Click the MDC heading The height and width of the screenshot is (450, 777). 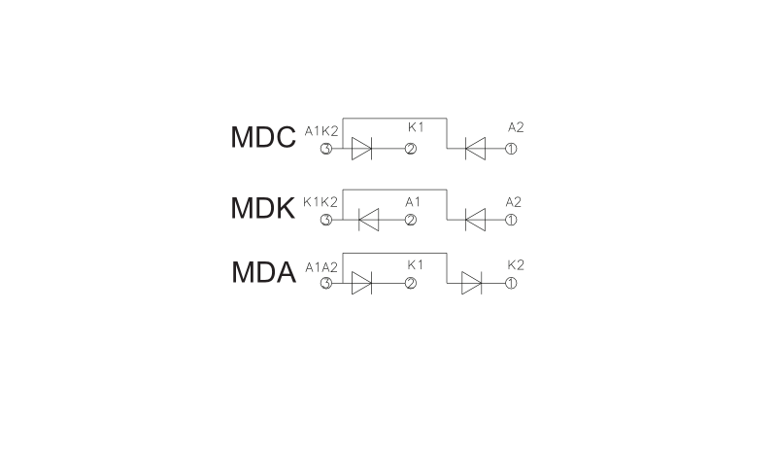[x=263, y=137]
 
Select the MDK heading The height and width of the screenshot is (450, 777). [x=262, y=208]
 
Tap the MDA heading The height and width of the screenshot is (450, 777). [x=263, y=272]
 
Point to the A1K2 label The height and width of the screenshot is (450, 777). [x=321, y=131]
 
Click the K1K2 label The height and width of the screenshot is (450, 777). [x=321, y=202]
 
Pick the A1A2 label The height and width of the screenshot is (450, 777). [x=321, y=267]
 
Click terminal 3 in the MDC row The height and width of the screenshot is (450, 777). [x=326, y=149]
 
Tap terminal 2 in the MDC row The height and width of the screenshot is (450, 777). [x=411, y=149]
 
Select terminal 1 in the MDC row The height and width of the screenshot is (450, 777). [x=511, y=149]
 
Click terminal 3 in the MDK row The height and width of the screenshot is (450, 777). [x=326, y=220]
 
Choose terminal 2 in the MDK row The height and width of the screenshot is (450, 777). [x=411, y=220]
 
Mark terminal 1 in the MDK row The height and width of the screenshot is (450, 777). [x=511, y=220]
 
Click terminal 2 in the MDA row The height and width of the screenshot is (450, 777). [x=411, y=283]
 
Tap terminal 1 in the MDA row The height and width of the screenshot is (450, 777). [x=511, y=283]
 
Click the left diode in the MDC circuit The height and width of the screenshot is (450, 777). [x=361, y=149]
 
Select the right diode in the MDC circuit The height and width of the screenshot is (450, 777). [x=475, y=149]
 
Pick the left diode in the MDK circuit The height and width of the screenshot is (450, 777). [x=369, y=220]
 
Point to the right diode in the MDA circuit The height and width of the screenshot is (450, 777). [x=471, y=283]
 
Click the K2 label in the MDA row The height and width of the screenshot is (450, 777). [x=516, y=265]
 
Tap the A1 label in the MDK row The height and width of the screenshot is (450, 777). [x=413, y=202]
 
